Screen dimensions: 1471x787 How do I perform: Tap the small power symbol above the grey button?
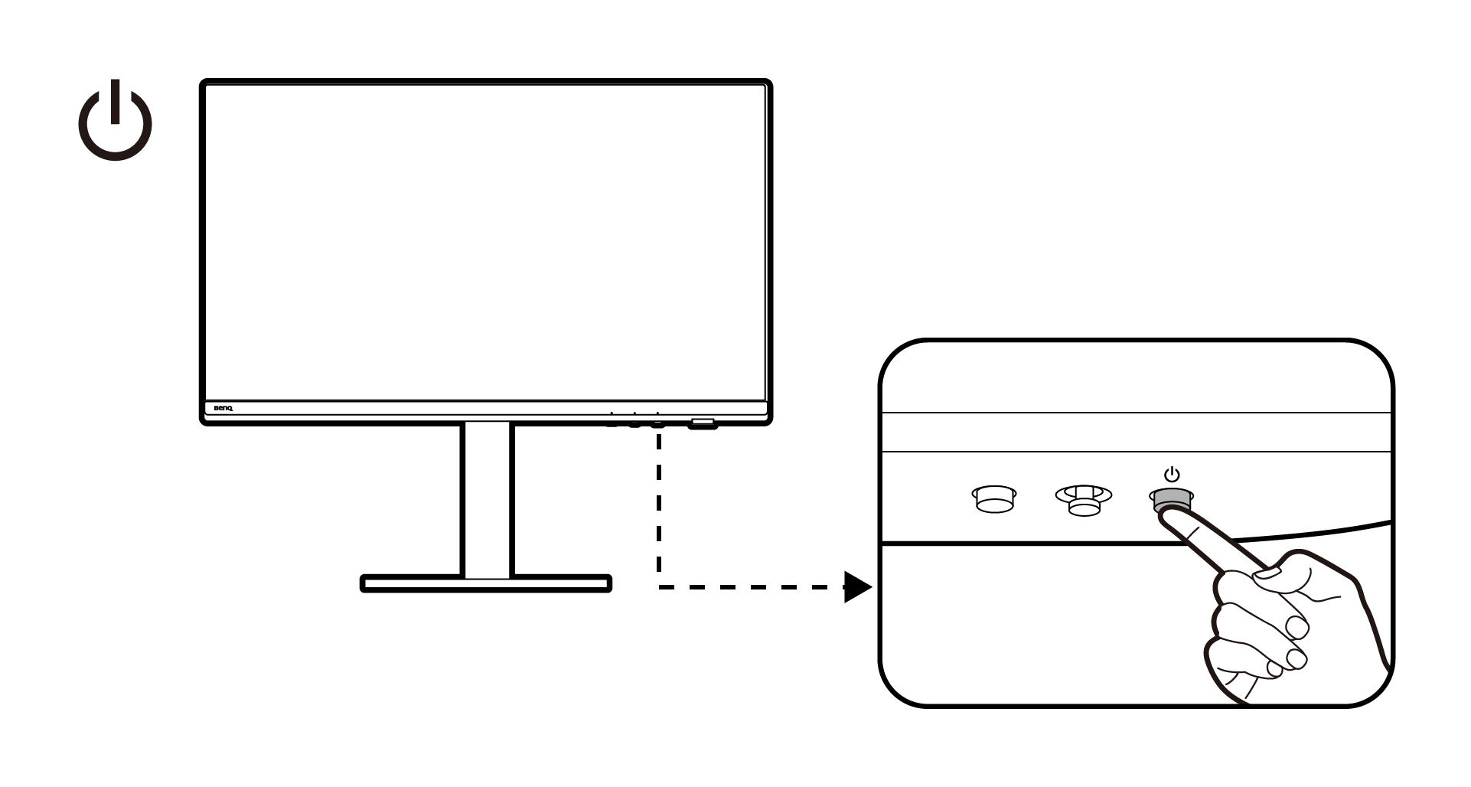(x=1171, y=475)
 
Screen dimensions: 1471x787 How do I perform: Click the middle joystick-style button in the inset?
(x=1083, y=500)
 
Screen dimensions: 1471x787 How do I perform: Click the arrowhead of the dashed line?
(x=858, y=587)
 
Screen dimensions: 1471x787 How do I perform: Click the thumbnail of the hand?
(x=1267, y=573)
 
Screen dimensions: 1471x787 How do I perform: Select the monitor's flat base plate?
(x=486, y=583)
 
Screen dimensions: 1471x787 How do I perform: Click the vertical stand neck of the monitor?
(x=488, y=499)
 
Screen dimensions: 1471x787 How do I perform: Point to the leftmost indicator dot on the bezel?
(x=612, y=413)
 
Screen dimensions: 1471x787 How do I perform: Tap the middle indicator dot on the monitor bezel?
(x=634, y=413)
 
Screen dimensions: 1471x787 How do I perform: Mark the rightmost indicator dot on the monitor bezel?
(x=657, y=413)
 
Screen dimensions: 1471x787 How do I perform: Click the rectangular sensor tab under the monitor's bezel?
(x=703, y=423)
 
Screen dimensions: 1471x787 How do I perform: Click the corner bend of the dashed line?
(x=659, y=587)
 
